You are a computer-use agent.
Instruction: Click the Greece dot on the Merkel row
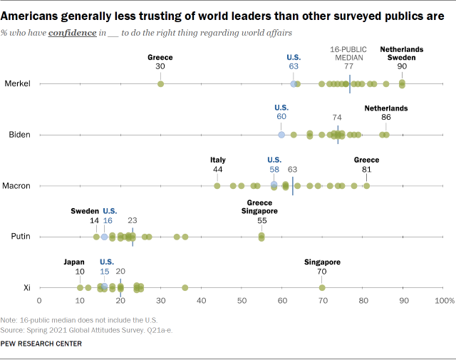pos(160,83)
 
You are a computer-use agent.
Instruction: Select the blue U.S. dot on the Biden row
pos(281,134)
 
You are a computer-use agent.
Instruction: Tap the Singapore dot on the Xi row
pos(322,287)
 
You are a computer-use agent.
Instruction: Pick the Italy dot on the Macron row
pos(217,185)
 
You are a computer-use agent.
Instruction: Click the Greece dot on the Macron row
pos(366,185)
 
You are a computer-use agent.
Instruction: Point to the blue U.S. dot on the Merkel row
pos(294,83)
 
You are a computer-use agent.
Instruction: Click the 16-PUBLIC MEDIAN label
pos(349,53)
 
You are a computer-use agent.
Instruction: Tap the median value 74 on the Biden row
pos(338,116)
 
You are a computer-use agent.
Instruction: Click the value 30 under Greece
pos(160,66)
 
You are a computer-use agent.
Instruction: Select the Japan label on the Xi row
pos(79,262)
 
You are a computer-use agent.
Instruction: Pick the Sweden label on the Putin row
pos(84,211)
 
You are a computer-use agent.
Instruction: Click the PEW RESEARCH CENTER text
pos(42,344)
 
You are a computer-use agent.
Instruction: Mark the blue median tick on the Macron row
pos(293,185)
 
